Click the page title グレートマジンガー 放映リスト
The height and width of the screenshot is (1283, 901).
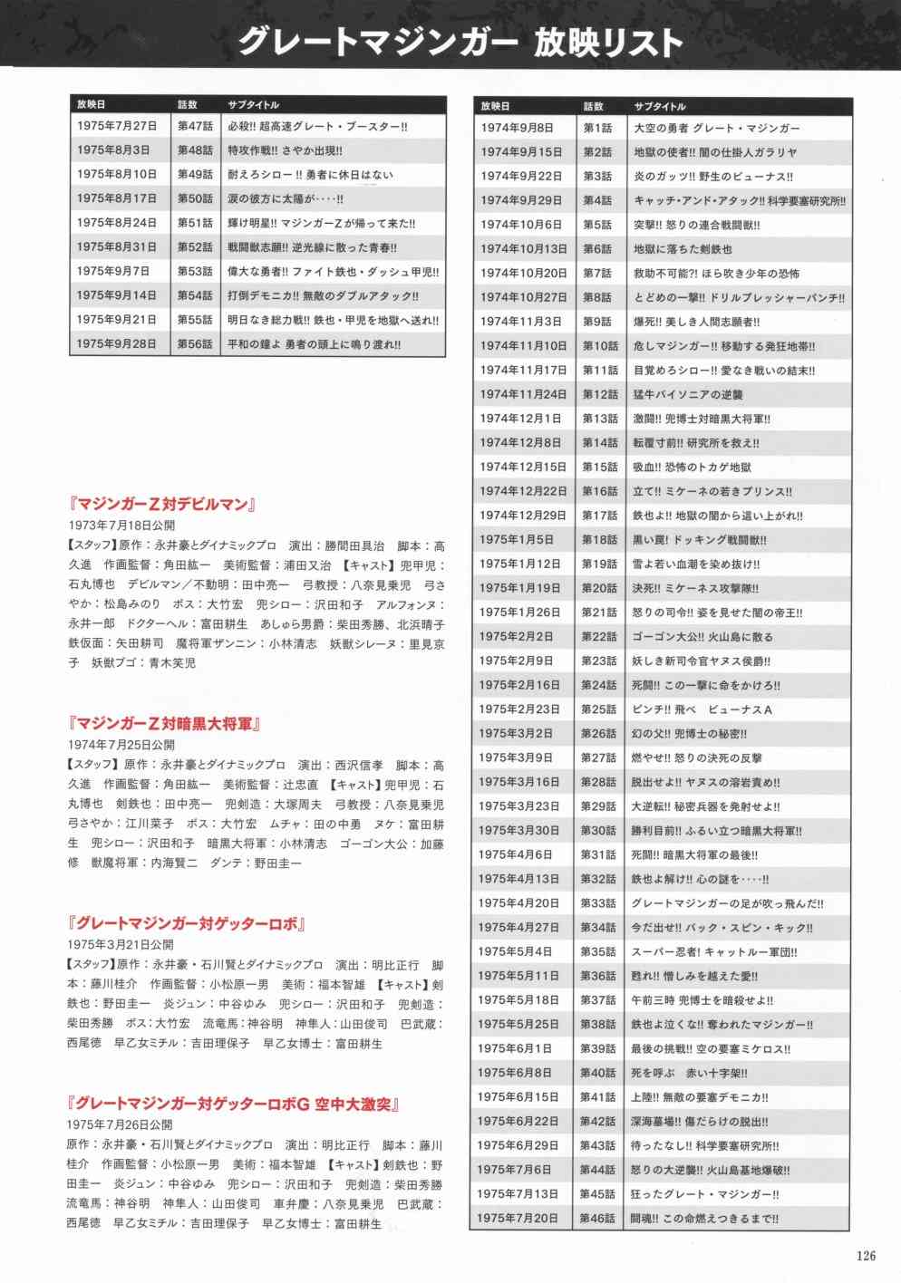point(460,43)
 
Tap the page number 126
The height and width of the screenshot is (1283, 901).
point(866,1255)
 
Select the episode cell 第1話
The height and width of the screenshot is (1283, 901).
point(597,129)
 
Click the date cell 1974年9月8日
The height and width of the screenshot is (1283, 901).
point(517,129)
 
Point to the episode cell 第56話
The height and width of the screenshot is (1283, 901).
point(195,344)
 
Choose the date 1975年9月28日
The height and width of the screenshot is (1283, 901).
point(117,344)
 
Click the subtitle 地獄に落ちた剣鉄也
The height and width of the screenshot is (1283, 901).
point(683,249)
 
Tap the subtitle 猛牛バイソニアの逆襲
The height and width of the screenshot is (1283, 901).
point(688,394)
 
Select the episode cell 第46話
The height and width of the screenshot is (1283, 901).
point(597,1219)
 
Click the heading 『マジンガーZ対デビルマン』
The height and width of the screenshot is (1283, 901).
point(166,505)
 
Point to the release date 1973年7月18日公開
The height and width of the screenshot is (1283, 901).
point(121,525)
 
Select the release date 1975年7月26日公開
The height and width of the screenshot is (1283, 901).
point(121,1124)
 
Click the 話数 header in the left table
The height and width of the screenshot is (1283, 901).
point(188,105)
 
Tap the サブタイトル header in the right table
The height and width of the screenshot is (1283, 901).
point(660,106)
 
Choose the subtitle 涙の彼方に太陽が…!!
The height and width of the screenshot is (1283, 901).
point(286,199)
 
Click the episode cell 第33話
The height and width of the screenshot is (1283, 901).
point(597,903)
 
